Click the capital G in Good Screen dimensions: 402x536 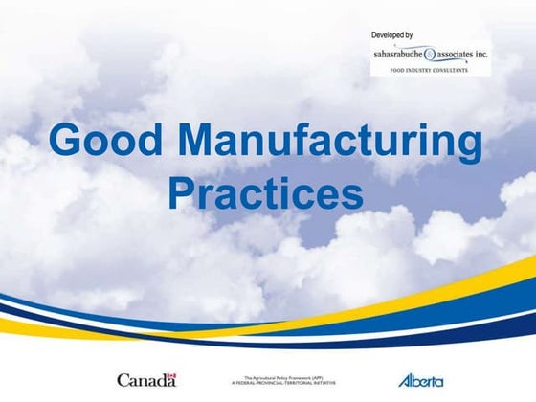point(67,140)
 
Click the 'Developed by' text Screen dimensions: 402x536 point(392,35)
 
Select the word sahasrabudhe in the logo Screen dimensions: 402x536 point(400,56)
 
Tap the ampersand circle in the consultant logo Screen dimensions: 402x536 point(436,56)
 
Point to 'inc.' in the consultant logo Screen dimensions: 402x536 point(502,56)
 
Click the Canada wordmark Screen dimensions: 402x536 point(146,380)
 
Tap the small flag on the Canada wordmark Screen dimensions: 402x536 point(170,374)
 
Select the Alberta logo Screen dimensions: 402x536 point(420,380)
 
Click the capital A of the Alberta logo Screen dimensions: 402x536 point(404,380)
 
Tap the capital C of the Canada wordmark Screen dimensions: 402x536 point(123,380)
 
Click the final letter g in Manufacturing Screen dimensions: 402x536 point(468,145)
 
